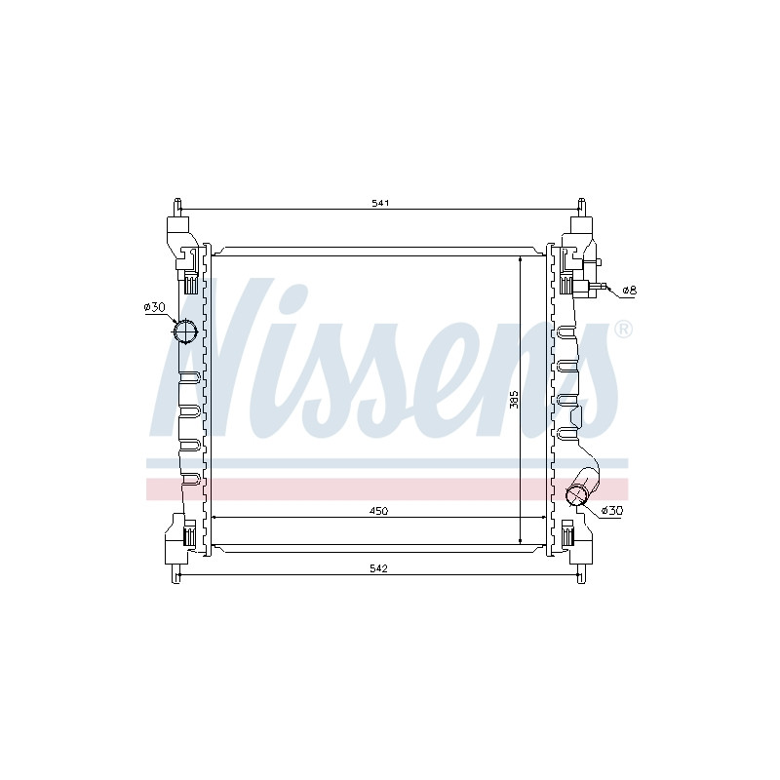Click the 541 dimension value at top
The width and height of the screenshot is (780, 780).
(x=380, y=203)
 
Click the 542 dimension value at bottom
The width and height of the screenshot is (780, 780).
(x=379, y=568)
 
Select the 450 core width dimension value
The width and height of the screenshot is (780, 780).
(x=379, y=511)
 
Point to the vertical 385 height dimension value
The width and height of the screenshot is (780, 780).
(x=515, y=400)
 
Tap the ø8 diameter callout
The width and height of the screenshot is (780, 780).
(x=629, y=290)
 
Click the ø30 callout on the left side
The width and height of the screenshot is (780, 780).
(x=154, y=307)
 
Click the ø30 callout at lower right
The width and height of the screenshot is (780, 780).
(x=612, y=510)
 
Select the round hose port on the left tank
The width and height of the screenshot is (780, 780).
(x=185, y=331)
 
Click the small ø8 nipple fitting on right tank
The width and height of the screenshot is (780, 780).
(x=598, y=286)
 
